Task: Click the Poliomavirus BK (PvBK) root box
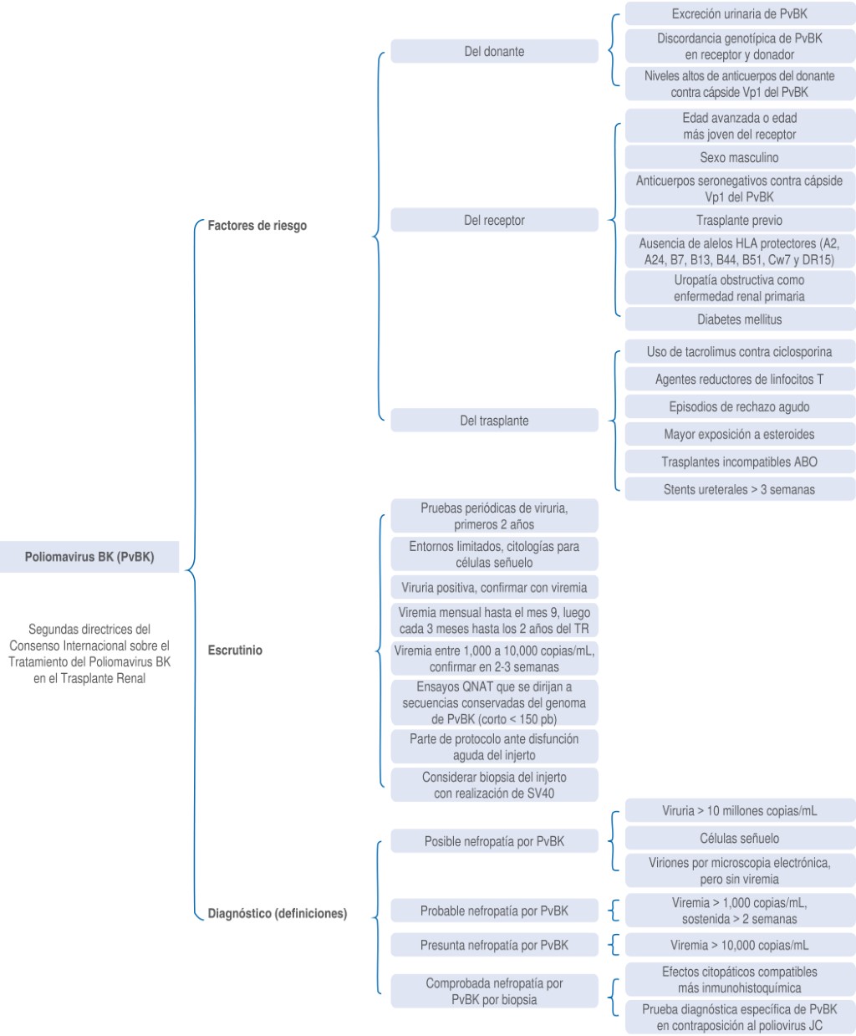click(89, 557)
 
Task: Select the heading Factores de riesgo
click(257, 225)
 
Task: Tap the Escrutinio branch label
click(235, 650)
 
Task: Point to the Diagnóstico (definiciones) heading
click(278, 913)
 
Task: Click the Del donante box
click(494, 51)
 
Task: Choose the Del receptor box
click(494, 220)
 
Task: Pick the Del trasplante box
click(494, 421)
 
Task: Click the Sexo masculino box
click(740, 157)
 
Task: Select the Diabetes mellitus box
click(740, 319)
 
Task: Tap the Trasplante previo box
click(740, 220)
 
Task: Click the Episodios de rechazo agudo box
click(740, 406)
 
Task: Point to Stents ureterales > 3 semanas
click(740, 489)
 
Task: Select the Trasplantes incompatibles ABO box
click(740, 462)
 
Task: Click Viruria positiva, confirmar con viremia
click(494, 588)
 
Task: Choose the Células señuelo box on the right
click(740, 838)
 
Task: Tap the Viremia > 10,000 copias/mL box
click(740, 945)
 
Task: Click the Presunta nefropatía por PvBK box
click(494, 945)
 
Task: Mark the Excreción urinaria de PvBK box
click(740, 13)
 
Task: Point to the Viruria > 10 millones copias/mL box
click(740, 811)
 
